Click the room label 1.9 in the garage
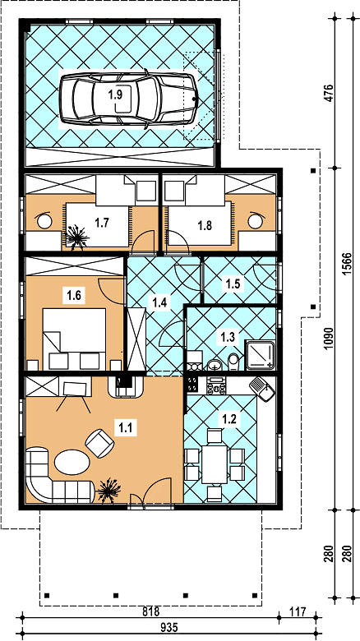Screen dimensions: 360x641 [115, 95]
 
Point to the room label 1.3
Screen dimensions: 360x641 [228, 337]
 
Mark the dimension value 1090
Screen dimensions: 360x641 [331, 339]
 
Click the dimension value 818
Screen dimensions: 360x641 [150, 612]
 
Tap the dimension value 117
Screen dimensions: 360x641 [298, 612]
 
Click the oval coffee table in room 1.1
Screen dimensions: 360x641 [72, 463]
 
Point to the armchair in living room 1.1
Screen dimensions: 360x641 [99, 443]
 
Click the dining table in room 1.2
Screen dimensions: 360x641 [214, 464]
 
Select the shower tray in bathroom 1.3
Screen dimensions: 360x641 [260, 354]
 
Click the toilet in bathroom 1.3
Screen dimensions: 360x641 [233, 362]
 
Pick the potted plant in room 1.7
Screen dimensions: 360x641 [76, 237]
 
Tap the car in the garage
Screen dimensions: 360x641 [127, 99]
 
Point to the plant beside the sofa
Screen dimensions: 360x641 [108, 490]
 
